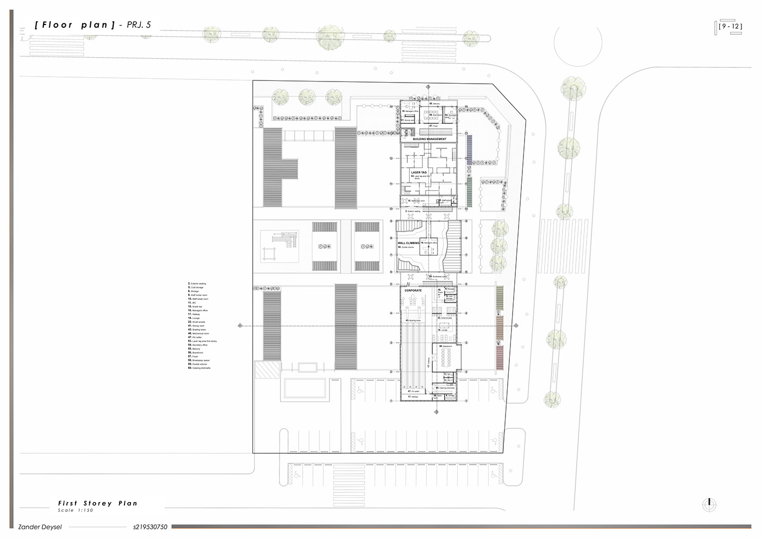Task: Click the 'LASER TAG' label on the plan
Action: tap(419, 172)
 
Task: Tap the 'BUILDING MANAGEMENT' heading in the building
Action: tap(429, 139)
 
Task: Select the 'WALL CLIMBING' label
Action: tap(408, 243)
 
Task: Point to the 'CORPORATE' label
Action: tap(413, 291)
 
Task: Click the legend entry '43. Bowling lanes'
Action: tap(197, 330)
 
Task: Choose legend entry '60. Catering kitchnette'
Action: tap(199, 368)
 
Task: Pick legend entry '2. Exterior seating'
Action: tap(197, 284)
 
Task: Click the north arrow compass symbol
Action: tap(709, 504)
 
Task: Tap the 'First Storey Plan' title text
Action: tap(98, 503)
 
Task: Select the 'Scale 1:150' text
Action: tap(76, 510)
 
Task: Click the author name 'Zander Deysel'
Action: tap(40, 527)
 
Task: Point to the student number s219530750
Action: tap(150, 527)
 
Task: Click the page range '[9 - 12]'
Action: tap(729, 26)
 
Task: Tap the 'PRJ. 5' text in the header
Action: tap(139, 25)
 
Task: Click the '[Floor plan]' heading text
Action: tap(74, 25)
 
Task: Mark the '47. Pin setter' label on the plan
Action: tap(414, 391)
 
